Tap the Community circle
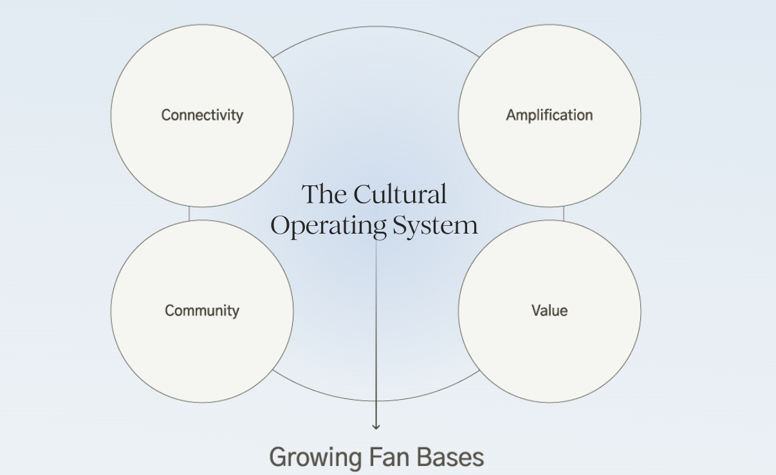[x=202, y=348]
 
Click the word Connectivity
[x=202, y=115]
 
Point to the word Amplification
[x=550, y=115]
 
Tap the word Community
[x=202, y=311]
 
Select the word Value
[x=550, y=311]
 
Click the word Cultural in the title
[x=400, y=194]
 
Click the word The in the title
[x=325, y=194]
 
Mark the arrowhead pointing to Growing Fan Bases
[x=376, y=425]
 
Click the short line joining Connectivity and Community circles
[x=189, y=214]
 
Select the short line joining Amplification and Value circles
[x=564, y=214]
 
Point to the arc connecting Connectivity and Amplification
[x=376, y=28]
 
